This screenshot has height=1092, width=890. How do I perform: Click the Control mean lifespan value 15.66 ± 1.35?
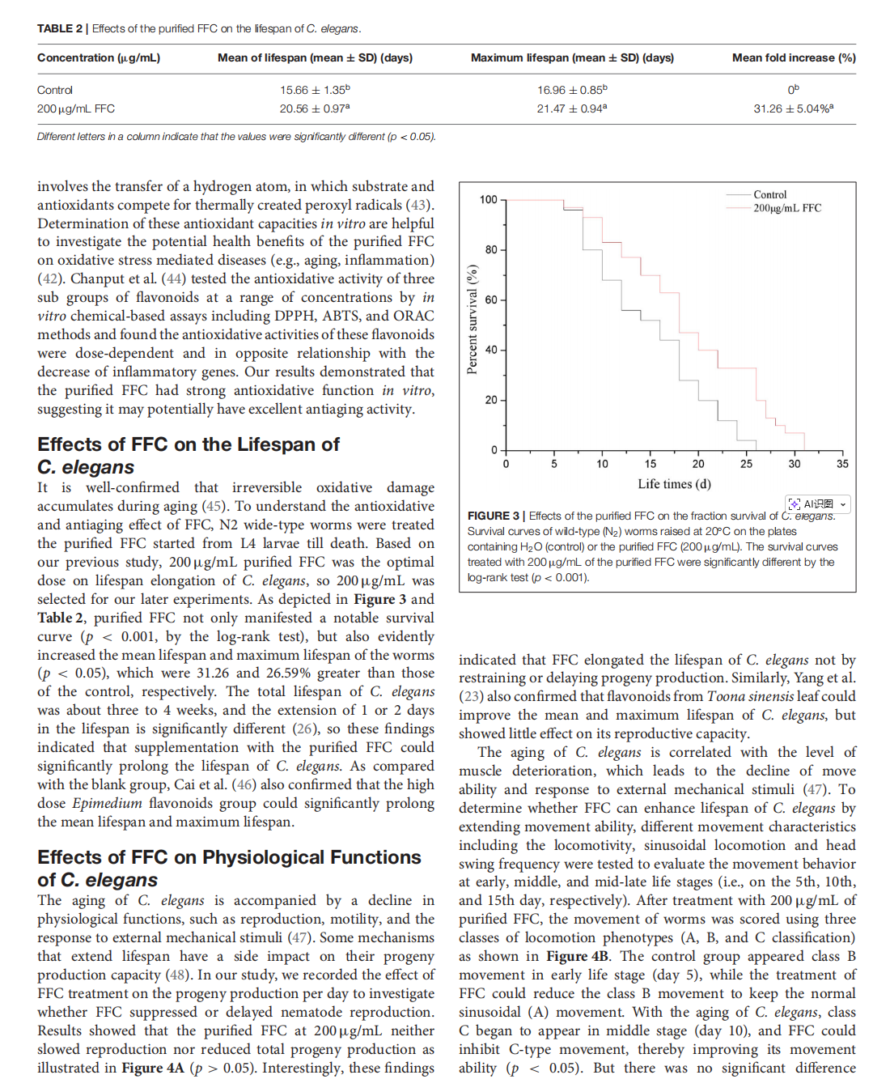coord(314,90)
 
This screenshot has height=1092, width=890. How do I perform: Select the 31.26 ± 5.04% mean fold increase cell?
coord(793,108)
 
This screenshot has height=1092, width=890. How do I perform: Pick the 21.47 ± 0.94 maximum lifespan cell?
coord(571,108)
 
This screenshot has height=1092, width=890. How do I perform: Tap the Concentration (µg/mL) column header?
coord(99,57)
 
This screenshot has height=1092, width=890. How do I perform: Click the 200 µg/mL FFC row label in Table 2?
coord(76,108)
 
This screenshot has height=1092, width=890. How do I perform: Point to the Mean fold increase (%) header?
coord(793,57)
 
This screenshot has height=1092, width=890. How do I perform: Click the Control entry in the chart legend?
coord(769,195)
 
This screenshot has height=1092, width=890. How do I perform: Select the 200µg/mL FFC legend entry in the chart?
coord(786,208)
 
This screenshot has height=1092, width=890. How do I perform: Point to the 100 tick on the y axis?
coord(488,200)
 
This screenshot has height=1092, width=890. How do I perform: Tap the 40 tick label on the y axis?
coord(491,350)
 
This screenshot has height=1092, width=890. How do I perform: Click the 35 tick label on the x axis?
coord(842,464)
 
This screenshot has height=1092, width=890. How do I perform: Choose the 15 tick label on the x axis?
coord(651,464)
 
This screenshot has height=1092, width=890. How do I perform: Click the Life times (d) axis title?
coord(674,484)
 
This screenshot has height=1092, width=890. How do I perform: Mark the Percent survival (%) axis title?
coord(473,319)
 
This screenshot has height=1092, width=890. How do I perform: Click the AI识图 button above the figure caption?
coord(817,504)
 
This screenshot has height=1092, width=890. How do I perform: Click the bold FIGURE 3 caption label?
coord(494,516)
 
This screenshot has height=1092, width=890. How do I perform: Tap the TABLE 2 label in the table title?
coord(60,28)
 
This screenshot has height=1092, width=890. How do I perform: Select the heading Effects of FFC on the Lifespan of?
coord(189,444)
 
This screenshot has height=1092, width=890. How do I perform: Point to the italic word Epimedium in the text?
coord(107,803)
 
